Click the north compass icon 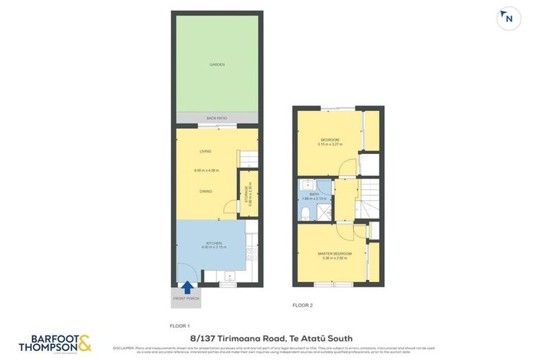pos(508,19)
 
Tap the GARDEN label pos(217,65)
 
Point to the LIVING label pos(205,151)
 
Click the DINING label pos(205,191)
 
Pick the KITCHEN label pos(214,243)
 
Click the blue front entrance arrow pos(187,287)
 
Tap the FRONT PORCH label pos(186,299)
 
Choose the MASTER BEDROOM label pos(334,253)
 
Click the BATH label pos(314,193)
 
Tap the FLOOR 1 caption pos(181,326)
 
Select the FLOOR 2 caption pos(302,305)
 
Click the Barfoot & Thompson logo pos(55,343)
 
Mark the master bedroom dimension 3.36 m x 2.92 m pos(335,258)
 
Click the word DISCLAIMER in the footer pos(125,347)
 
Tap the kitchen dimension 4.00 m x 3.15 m pos(214,247)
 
